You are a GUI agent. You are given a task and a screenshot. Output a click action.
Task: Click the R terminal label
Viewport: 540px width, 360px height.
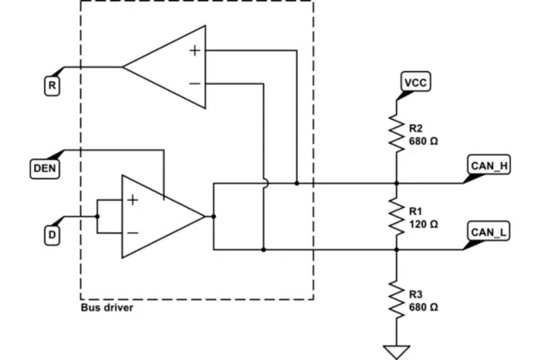52,85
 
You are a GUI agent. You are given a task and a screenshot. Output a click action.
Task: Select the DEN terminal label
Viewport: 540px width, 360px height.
45,168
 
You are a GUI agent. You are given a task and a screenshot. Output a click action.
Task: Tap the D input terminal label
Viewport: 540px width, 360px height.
52,235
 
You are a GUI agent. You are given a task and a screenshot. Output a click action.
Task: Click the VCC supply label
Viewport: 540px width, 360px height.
416,82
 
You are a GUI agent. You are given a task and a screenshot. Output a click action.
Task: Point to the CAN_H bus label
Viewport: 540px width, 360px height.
489,166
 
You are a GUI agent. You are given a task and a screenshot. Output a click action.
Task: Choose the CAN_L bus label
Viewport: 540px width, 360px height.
489,231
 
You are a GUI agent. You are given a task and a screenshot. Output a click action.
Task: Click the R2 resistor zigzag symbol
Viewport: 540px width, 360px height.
396,134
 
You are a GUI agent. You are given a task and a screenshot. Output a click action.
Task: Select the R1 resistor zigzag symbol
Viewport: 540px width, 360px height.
396,217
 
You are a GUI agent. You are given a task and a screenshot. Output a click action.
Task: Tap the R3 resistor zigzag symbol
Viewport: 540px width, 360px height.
396,300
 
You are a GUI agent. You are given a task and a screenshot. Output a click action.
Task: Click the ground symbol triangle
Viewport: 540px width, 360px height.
396,352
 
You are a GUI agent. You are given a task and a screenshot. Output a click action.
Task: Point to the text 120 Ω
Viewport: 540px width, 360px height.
423,224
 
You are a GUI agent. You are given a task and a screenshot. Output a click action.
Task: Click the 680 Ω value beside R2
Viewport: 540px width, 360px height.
423,141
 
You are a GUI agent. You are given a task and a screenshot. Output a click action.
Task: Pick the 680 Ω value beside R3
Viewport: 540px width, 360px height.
423,307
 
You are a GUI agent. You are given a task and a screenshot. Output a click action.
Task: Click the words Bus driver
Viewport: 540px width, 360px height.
107,307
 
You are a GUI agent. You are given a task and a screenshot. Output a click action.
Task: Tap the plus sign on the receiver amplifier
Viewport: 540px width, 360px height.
195,50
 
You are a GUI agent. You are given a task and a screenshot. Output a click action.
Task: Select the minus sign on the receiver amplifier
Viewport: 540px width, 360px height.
195,84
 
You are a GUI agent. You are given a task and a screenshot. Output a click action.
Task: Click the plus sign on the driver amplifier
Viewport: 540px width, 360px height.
133,200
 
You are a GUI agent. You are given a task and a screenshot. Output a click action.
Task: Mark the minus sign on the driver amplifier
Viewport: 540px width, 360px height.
133,233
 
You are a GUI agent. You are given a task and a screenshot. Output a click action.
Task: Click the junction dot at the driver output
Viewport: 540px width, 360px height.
213,216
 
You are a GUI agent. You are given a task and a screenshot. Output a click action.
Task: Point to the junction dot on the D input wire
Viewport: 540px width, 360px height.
97,216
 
